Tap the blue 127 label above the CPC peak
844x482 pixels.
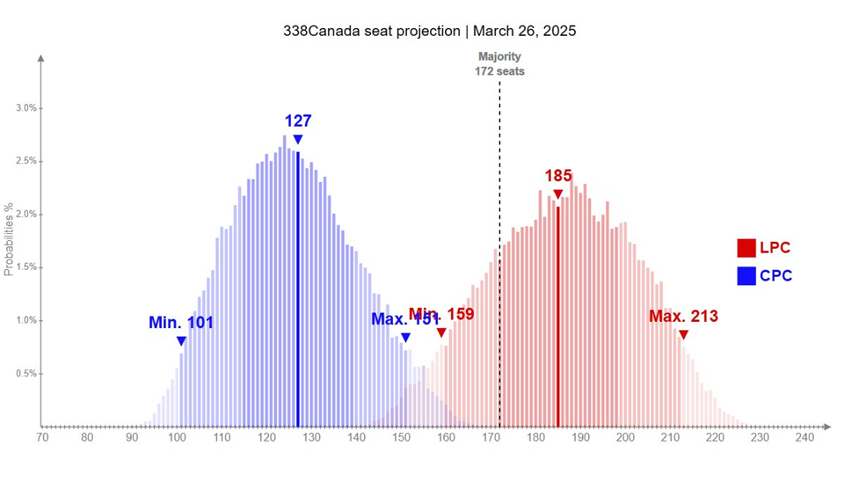pos(298,121)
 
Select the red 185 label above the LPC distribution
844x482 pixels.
pos(557,176)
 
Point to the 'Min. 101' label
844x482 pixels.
pos(181,323)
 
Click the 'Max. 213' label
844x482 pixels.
pos(683,317)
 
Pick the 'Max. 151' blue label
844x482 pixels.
pos(404,318)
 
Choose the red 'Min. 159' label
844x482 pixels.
pos(441,314)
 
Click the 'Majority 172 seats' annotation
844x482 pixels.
pos(499,64)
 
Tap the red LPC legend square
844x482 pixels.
pos(746,248)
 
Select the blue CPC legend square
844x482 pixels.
pos(746,276)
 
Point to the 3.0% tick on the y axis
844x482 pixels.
pos(26,108)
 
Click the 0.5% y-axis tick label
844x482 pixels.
pos(26,374)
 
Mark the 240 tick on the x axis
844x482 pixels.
pos(804,437)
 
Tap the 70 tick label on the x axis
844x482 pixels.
pos(41,437)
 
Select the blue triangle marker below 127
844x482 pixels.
pos(298,140)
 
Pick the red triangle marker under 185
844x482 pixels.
pos(557,194)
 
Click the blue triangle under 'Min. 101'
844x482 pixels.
pos(181,341)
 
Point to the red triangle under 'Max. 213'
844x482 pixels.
pos(683,334)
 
